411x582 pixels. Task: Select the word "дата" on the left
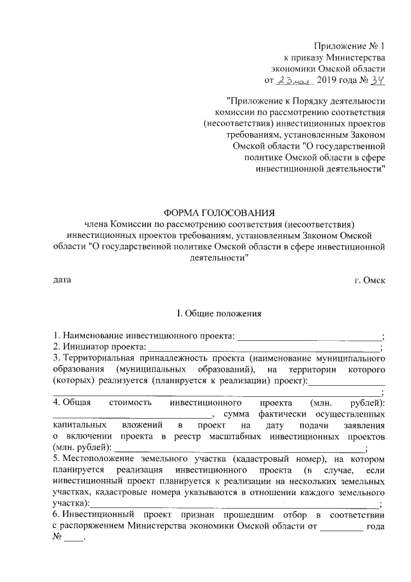pos(62,280)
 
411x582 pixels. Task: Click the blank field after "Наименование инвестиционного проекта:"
pos(310,336)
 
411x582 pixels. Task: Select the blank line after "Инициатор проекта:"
pos(264,347)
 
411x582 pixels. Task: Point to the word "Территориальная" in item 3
pos(98,358)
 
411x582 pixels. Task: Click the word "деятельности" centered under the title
pos(219,257)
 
